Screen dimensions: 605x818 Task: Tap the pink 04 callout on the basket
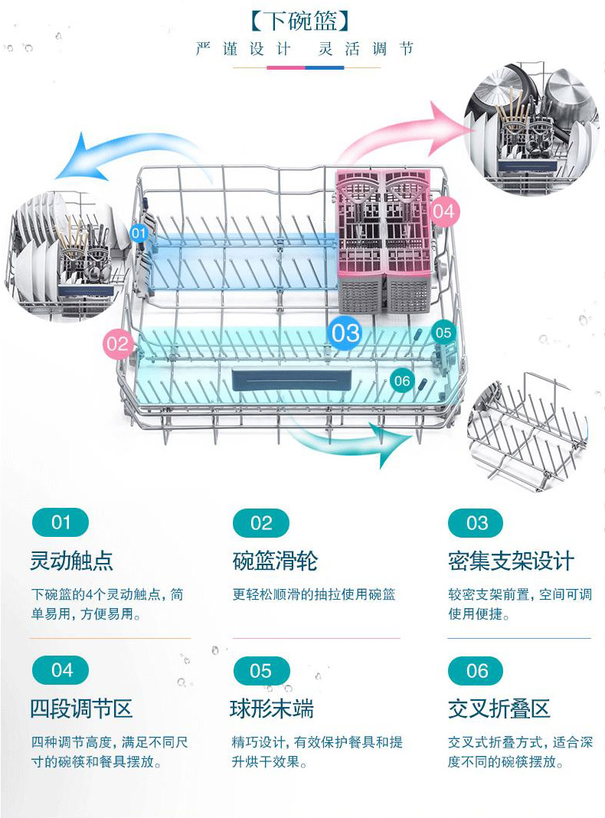point(444,211)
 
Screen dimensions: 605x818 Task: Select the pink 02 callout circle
point(118,343)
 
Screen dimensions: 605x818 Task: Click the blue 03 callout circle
point(346,333)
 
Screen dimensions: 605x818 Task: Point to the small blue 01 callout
point(138,233)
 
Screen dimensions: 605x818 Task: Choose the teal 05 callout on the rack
point(443,332)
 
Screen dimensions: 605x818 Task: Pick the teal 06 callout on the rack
point(402,381)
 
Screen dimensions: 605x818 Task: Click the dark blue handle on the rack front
point(291,380)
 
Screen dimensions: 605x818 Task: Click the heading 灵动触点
point(71,561)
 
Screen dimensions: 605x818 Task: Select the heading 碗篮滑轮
point(276,561)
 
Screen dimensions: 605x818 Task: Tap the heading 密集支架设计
point(511,561)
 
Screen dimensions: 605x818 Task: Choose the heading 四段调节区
point(81,708)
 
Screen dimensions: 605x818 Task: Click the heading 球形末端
point(273,708)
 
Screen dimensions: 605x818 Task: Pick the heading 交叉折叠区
point(499,708)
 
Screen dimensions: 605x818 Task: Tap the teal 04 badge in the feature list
point(61,670)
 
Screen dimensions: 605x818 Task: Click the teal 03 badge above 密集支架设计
point(476,522)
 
